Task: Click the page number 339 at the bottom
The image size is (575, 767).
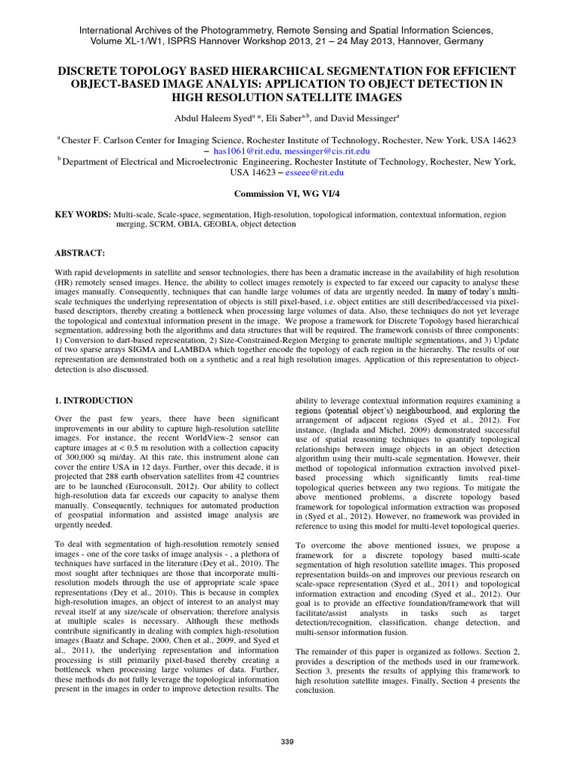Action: click(287, 742)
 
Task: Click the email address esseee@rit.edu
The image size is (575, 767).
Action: click(314, 172)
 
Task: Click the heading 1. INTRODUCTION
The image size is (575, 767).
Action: click(94, 401)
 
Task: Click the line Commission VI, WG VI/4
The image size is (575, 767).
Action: click(287, 193)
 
